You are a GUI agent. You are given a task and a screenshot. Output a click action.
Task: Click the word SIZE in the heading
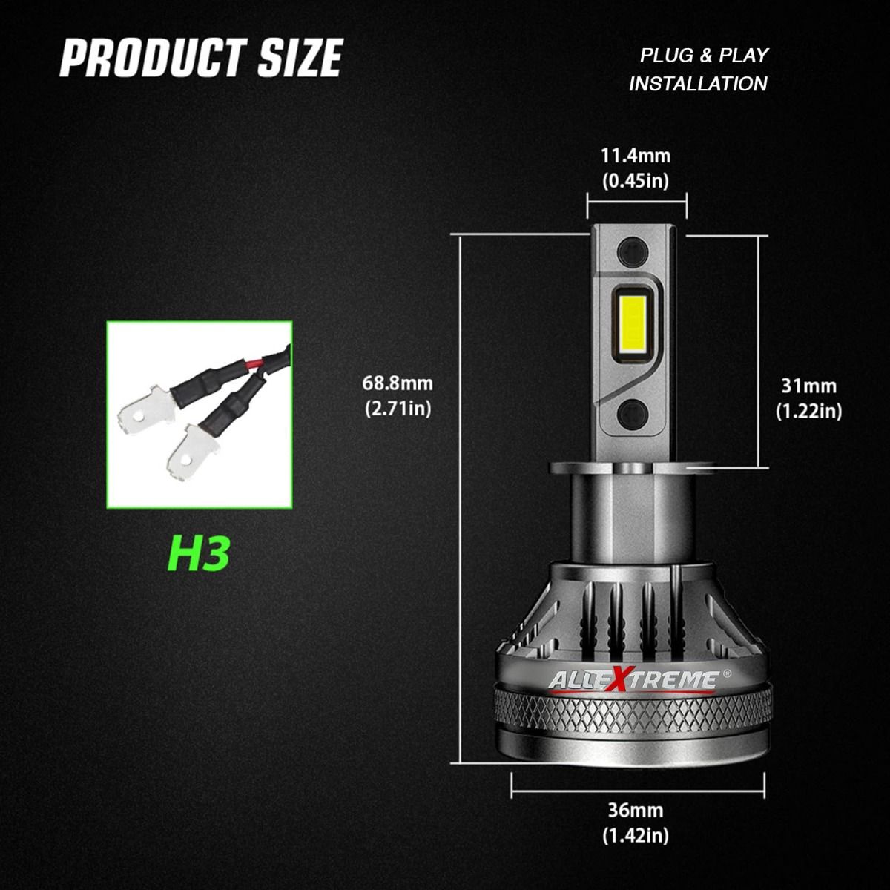[300, 58]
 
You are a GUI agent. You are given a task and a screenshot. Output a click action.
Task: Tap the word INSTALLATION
[698, 84]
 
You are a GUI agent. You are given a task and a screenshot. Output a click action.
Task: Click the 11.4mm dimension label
[636, 156]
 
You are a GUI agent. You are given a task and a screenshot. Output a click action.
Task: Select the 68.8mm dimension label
[398, 383]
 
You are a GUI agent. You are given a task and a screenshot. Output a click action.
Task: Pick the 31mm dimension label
[808, 386]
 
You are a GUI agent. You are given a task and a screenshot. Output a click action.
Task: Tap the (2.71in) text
[398, 409]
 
